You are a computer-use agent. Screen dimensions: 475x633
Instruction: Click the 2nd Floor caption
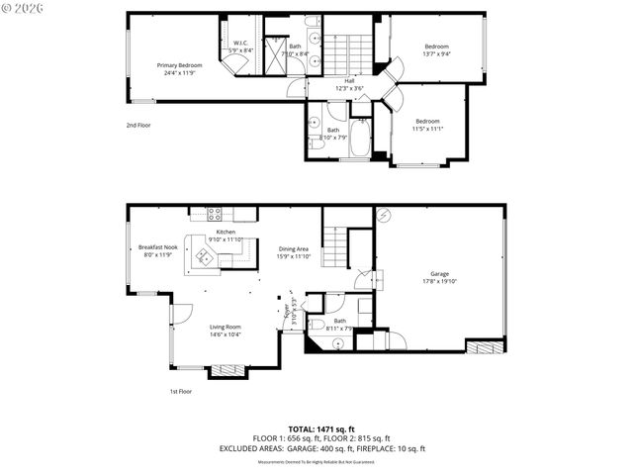coord(138,126)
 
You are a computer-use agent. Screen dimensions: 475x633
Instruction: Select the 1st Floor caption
coord(179,392)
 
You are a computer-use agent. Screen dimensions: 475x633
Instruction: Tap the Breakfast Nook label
coord(157,246)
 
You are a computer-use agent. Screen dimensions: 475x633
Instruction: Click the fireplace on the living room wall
coord(228,371)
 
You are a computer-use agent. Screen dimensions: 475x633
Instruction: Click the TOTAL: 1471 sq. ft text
coord(316,428)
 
